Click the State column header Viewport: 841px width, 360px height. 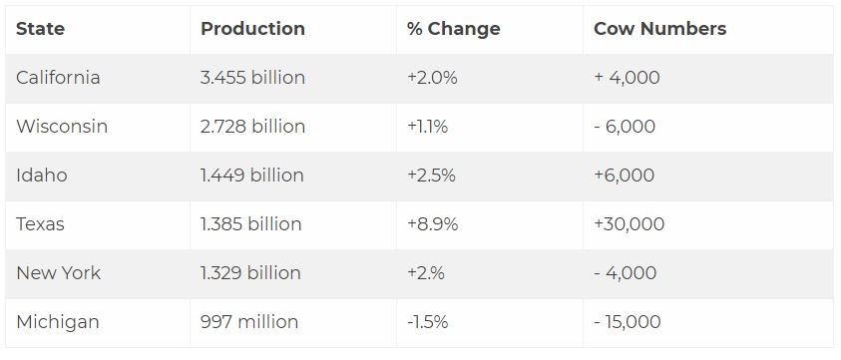click(x=41, y=29)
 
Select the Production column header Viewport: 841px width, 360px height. click(x=252, y=29)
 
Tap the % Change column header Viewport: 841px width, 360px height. click(x=453, y=29)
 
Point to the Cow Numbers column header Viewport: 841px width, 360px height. click(x=659, y=29)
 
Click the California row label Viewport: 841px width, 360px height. click(x=58, y=78)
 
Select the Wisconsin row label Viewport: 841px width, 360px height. click(x=62, y=127)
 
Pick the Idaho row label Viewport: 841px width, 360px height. click(x=42, y=176)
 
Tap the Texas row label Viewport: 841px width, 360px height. click(x=40, y=224)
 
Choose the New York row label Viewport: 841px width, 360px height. click(x=58, y=273)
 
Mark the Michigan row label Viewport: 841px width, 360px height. click(x=57, y=322)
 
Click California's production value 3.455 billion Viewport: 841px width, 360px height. click(x=252, y=78)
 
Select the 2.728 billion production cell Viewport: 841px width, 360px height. click(x=252, y=127)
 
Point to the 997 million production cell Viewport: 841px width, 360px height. click(x=249, y=322)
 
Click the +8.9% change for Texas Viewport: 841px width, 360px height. click(x=432, y=224)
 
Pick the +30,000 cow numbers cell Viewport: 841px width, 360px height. click(x=629, y=224)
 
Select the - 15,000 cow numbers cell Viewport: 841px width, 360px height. click(x=627, y=322)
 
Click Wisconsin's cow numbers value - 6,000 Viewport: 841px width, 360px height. click(x=625, y=127)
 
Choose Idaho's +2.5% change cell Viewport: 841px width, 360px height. click(x=431, y=176)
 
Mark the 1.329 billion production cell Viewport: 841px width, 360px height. click(x=250, y=273)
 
